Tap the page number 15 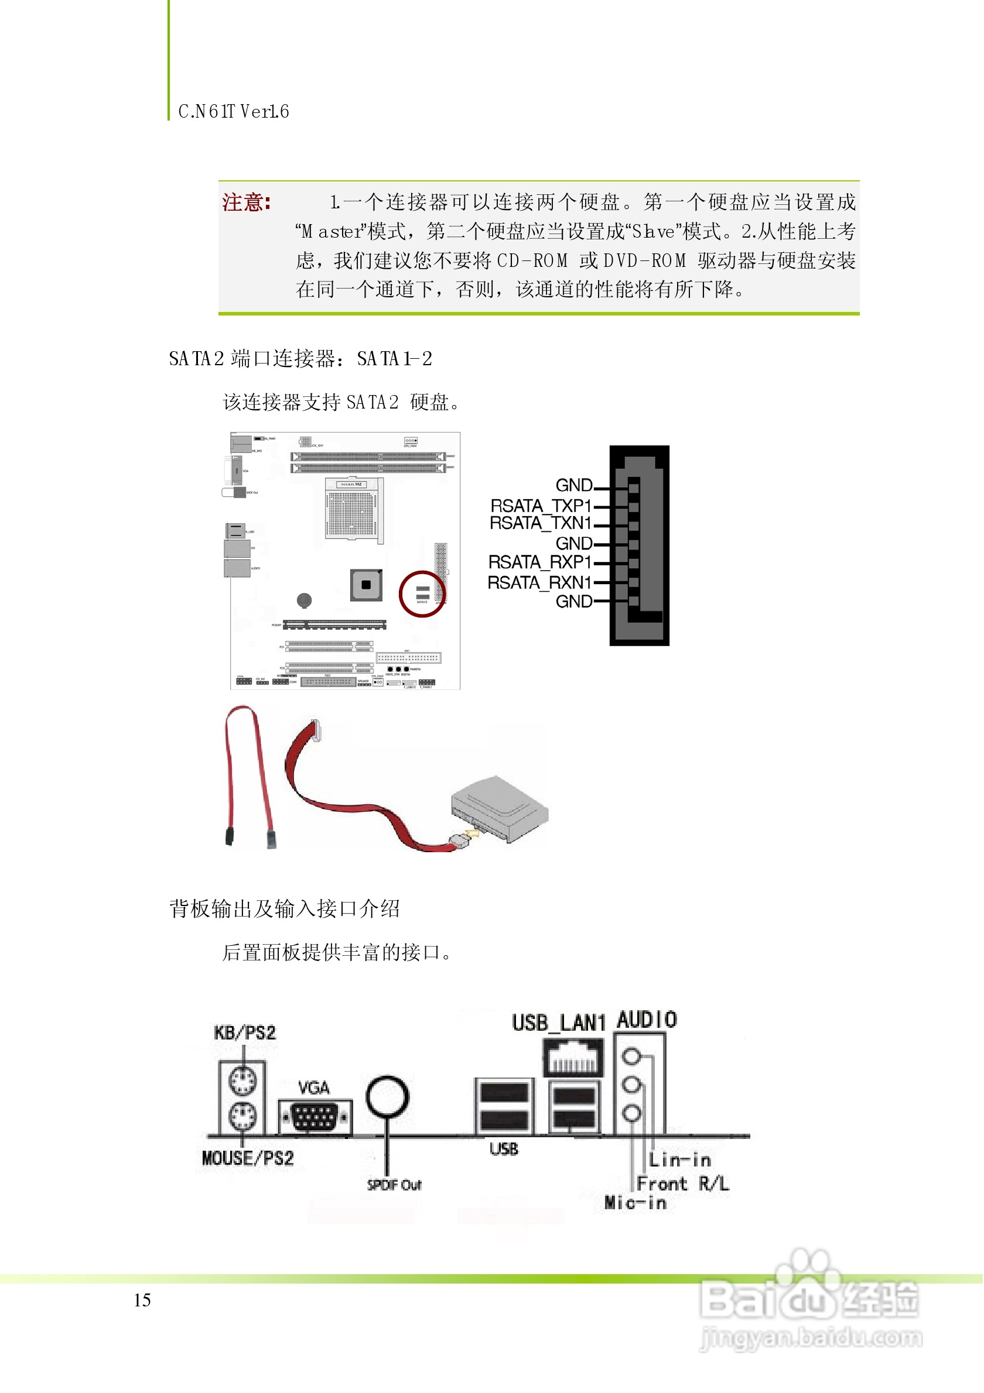click(142, 1300)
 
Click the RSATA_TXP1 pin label click(541, 505)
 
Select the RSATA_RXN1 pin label click(539, 582)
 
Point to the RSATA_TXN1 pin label click(541, 523)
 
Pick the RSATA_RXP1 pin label click(539, 562)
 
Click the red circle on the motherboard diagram click(422, 595)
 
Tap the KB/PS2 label click(245, 1032)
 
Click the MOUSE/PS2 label click(248, 1158)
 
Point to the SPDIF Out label click(394, 1185)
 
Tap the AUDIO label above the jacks click(647, 1020)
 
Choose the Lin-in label click(680, 1160)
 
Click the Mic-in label click(635, 1203)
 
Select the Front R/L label click(683, 1183)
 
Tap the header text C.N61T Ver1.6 click(234, 112)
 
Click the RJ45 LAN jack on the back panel click(573, 1057)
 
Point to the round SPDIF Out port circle click(387, 1097)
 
